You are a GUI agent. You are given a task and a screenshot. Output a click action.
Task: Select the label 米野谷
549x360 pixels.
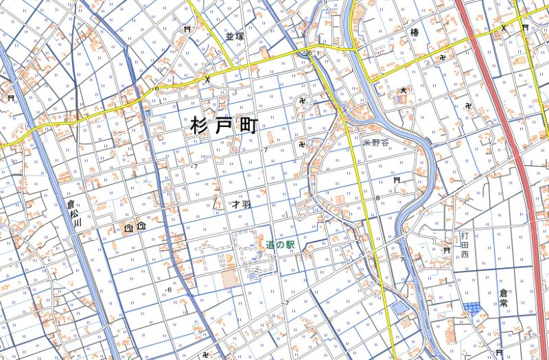(x=375, y=143)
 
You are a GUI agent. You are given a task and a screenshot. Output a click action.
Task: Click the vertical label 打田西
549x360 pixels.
(x=465, y=245)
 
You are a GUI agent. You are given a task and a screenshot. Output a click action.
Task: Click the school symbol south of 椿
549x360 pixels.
(x=404, y=89)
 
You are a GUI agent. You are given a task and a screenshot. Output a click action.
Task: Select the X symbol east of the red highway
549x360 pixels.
(x=504, y=27)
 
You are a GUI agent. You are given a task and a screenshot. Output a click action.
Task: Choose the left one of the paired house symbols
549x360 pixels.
(x=128, y=226)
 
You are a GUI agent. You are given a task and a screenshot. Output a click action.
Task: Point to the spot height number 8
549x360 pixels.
(x=377, y=198)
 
